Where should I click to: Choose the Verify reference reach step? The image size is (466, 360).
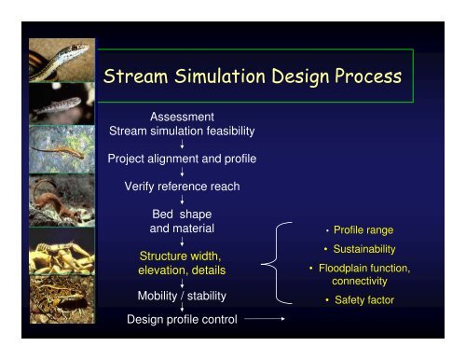pyautogui.click(x=183, y=187)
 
